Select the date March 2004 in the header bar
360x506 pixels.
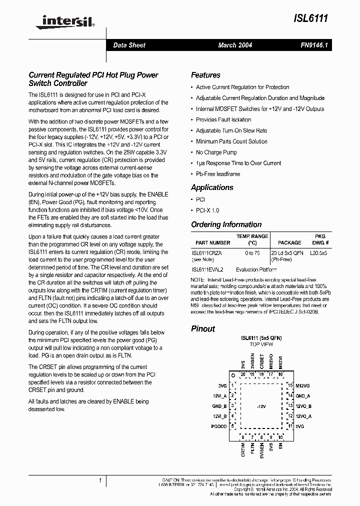tap(235, 45)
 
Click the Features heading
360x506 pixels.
tap(205, 75)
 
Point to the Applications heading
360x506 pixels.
tap(212, 187)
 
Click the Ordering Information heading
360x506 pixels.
tap(226, 224)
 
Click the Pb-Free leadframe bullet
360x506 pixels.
tap(218, 174)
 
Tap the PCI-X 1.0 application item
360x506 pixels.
tap(207, 210)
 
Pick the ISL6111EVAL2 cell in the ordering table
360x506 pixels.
tap(207, 269)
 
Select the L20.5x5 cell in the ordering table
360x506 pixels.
tap(318, 253)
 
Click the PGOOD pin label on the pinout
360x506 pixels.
tap(218, 426)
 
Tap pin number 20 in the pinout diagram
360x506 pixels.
tap(243, 374)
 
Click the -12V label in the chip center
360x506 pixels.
tap(261, 406)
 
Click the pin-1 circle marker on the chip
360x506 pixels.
tap(232, 374)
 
